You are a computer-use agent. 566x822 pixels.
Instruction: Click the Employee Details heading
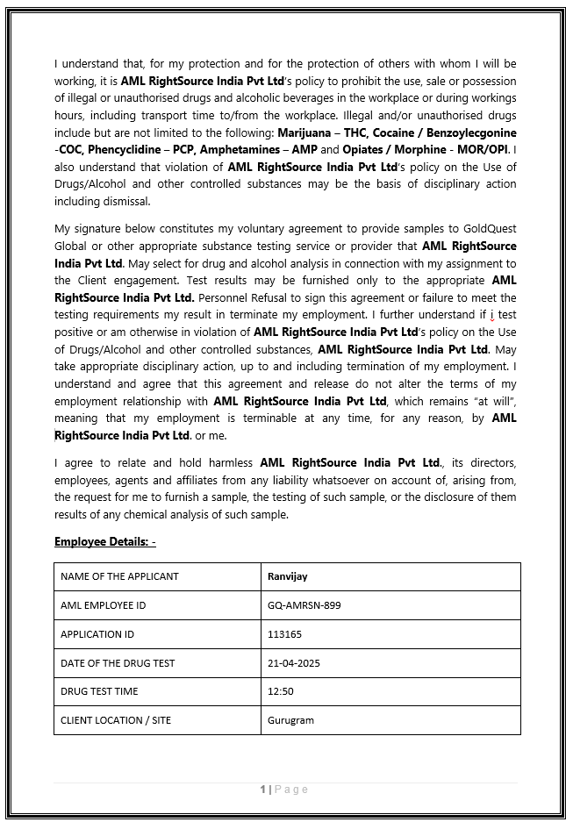tap(104, 541)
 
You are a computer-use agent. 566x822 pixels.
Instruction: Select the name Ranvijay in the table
tap(287, 576)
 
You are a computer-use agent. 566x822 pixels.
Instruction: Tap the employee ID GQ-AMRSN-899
tap(304, 605)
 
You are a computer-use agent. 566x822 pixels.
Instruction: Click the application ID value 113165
tap(284, 634)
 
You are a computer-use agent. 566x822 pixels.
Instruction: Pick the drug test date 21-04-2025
tap(294, 663)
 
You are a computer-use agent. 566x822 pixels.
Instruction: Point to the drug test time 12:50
tap(281, 691)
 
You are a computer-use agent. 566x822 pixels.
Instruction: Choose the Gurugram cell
tap(290, 720)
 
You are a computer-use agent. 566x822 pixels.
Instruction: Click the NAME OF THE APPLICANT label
tap(119, 576)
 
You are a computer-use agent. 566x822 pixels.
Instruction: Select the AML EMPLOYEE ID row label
tap(104, 605)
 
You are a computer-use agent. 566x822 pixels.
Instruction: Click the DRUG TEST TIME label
tap(99, 691)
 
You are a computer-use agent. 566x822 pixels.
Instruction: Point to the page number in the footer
tap(262, 790)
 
